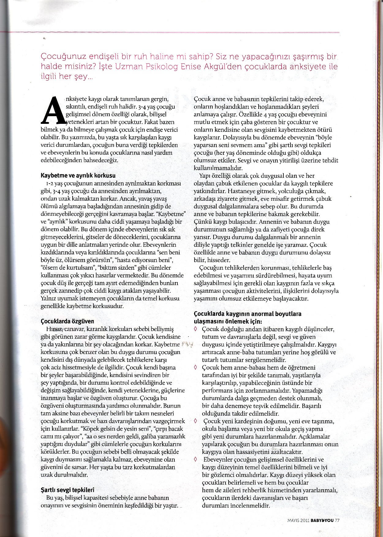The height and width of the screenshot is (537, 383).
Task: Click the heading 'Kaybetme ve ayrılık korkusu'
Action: point(78,176)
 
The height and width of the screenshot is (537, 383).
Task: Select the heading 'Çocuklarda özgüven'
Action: point(67,322)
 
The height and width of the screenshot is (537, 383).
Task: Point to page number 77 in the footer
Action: point(337,520)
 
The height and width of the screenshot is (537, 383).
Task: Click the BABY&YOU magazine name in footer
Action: point(322,520)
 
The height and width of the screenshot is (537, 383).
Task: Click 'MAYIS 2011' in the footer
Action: point(298,520)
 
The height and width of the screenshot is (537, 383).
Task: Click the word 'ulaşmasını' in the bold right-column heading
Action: point(207,322)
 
